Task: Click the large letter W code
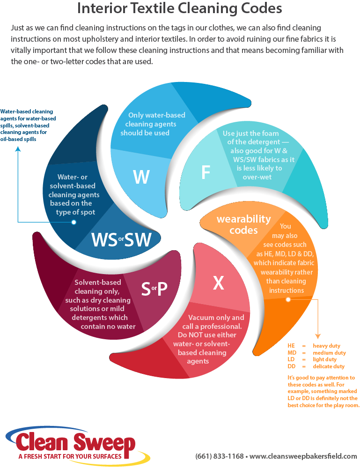(141, 177)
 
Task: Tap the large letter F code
(206, 172)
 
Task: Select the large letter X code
(219, 283)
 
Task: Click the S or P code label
(154, 290)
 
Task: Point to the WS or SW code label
(122, 239)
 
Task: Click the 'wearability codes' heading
(243, 224)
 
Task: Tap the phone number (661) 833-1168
(219, 456)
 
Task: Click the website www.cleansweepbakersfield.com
(303, 456)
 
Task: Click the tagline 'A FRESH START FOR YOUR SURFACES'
(70, 456)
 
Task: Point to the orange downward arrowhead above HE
(318, 336)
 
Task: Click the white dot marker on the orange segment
(288, 299)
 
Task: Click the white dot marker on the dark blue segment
(74, 222)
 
